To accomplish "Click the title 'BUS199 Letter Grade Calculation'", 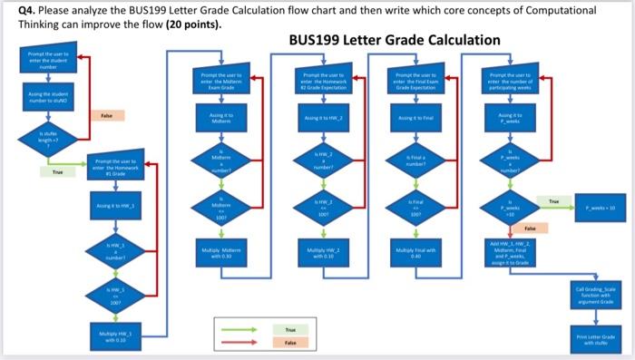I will pyautogui.click(x=394, y=41).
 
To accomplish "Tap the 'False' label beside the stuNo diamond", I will pyautogui.click(x=105, y=116).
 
